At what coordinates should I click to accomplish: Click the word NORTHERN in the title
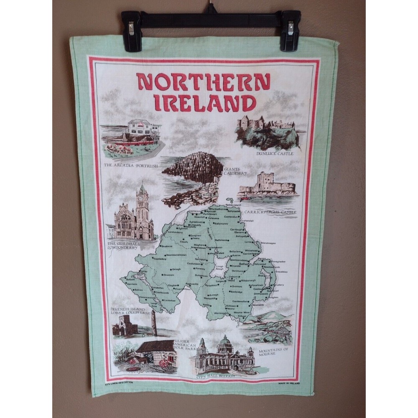pos(204,82)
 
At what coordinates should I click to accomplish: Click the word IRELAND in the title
pos(204,103)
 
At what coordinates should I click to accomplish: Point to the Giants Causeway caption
pos(236,171)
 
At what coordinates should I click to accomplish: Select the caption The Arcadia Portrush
pos(130,166)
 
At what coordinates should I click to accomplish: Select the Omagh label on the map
pos(176,269)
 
